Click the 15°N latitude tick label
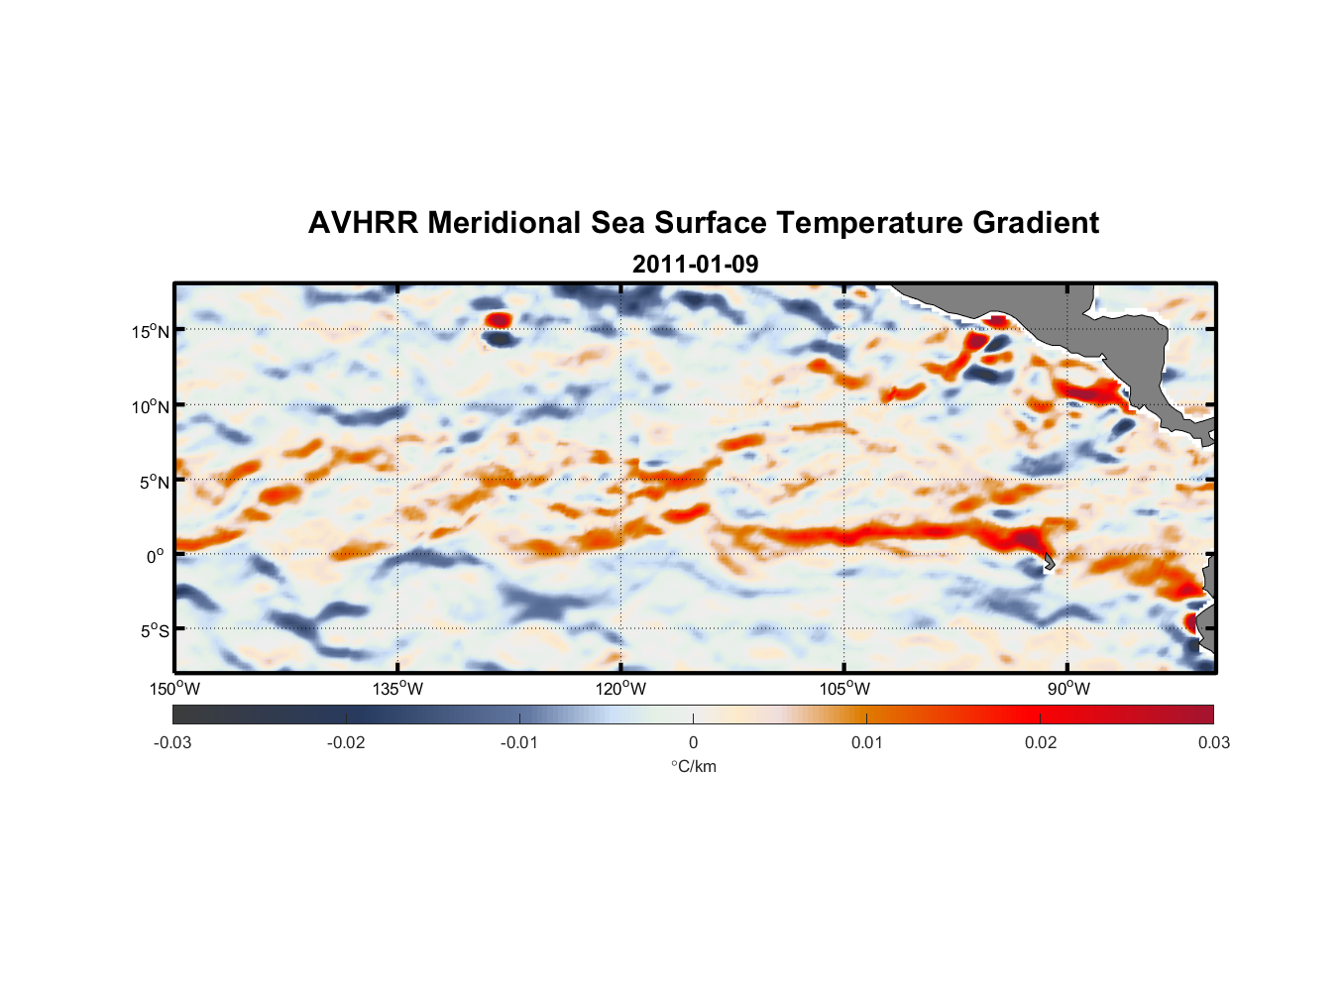point(150,331)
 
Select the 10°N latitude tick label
point(150,406)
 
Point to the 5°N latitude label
point(153,482)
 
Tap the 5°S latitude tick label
point(153,630)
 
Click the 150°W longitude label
point(174,689)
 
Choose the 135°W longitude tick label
point(397,689)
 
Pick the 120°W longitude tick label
point(620,689)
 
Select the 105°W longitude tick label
point(844,689)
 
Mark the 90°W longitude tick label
point(1068,689)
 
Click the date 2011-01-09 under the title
point(695,265)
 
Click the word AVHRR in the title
point(363,223)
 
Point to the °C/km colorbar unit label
point(693,766)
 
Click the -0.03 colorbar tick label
point(172,742)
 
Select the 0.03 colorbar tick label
point(1213,742)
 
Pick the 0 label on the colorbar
point(693,742)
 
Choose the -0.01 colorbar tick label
point(519,742)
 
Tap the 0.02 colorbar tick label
point(1040,742)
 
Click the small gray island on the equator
point(1049,562)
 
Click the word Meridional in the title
point(504,223)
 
